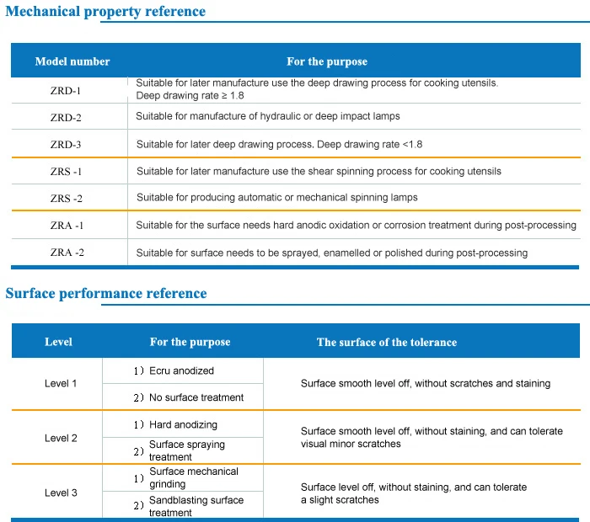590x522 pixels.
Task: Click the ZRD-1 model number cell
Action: coord(66,91)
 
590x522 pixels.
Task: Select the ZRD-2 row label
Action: coord(66,118)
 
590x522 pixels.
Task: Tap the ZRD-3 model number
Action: coord(66,145)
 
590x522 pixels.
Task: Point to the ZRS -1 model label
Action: coord(66,172)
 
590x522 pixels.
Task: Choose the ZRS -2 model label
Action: coord(67,198)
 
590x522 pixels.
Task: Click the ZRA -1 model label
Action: coord(67,226)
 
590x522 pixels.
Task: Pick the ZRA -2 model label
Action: coord(67,253)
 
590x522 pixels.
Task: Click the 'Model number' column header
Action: coord(72,61)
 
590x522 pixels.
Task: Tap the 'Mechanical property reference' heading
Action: coord(105,11)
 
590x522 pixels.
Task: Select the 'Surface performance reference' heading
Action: coord(106,293)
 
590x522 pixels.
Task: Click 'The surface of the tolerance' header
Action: coord(387,342)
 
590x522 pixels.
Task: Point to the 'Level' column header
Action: coord(58,342)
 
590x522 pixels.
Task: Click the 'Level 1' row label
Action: coord(61,383)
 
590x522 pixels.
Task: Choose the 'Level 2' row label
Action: coord(61,438)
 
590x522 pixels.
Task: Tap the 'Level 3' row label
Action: coord(61,493)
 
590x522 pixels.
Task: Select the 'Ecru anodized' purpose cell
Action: coord(181,371)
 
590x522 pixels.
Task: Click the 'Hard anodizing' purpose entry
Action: coord(183,424)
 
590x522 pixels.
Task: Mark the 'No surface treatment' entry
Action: coord(196,397)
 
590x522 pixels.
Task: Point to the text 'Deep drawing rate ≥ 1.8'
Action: coord(190,95)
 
